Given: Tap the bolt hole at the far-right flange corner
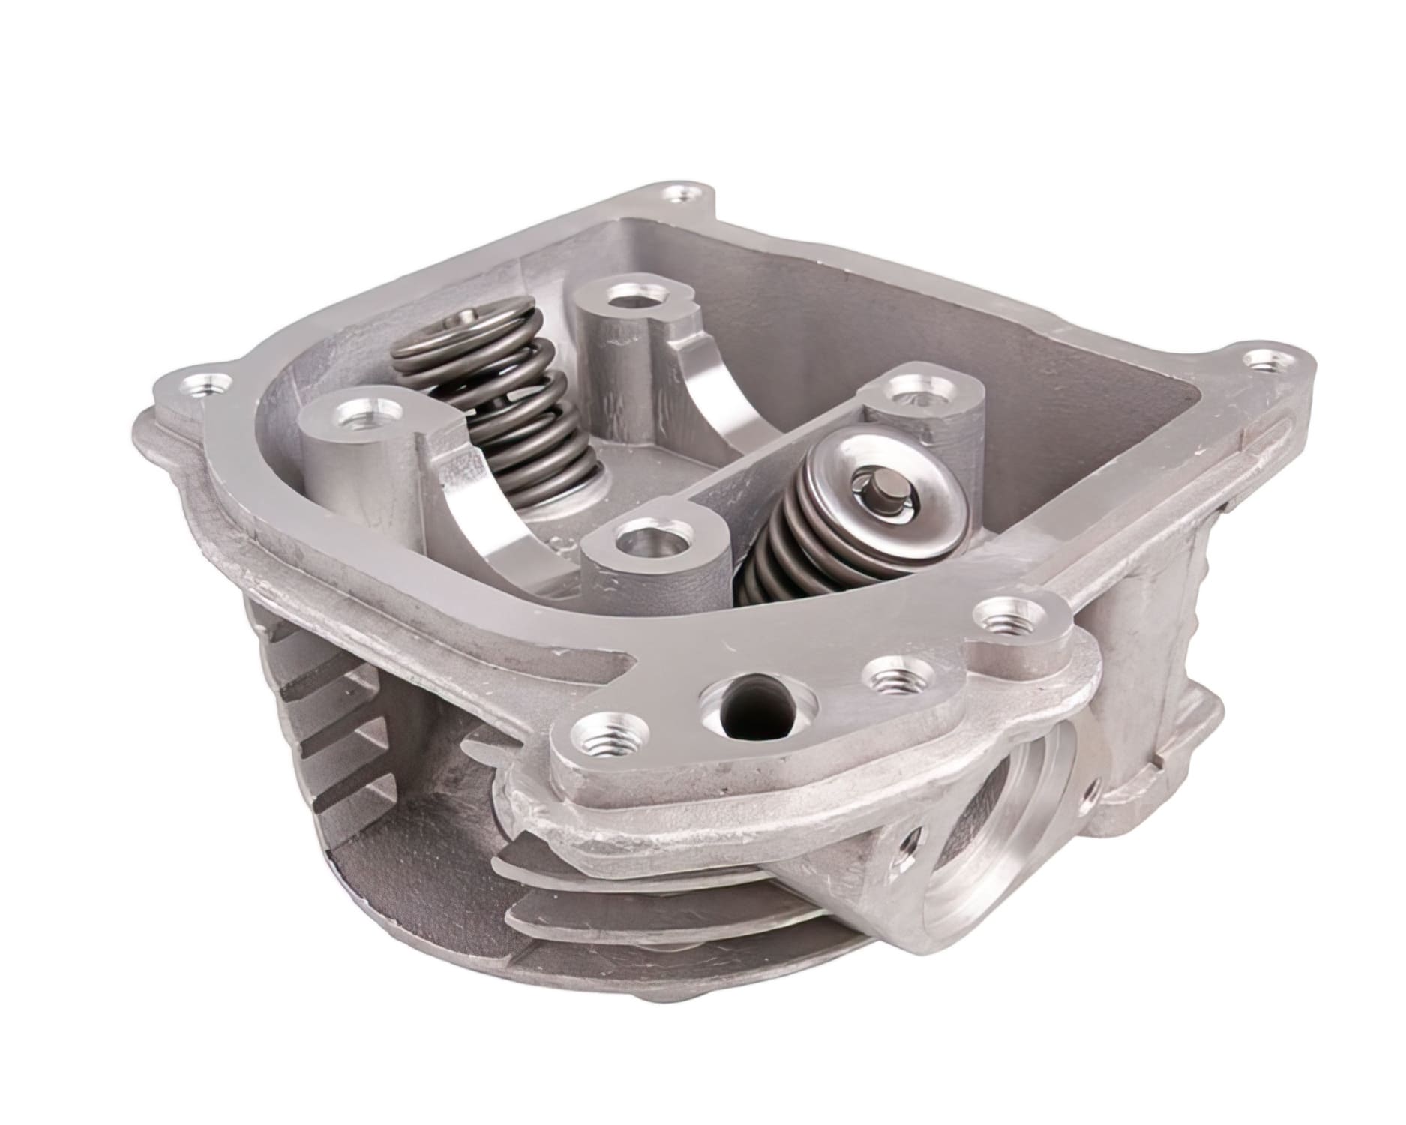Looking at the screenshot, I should [1268, 362].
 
